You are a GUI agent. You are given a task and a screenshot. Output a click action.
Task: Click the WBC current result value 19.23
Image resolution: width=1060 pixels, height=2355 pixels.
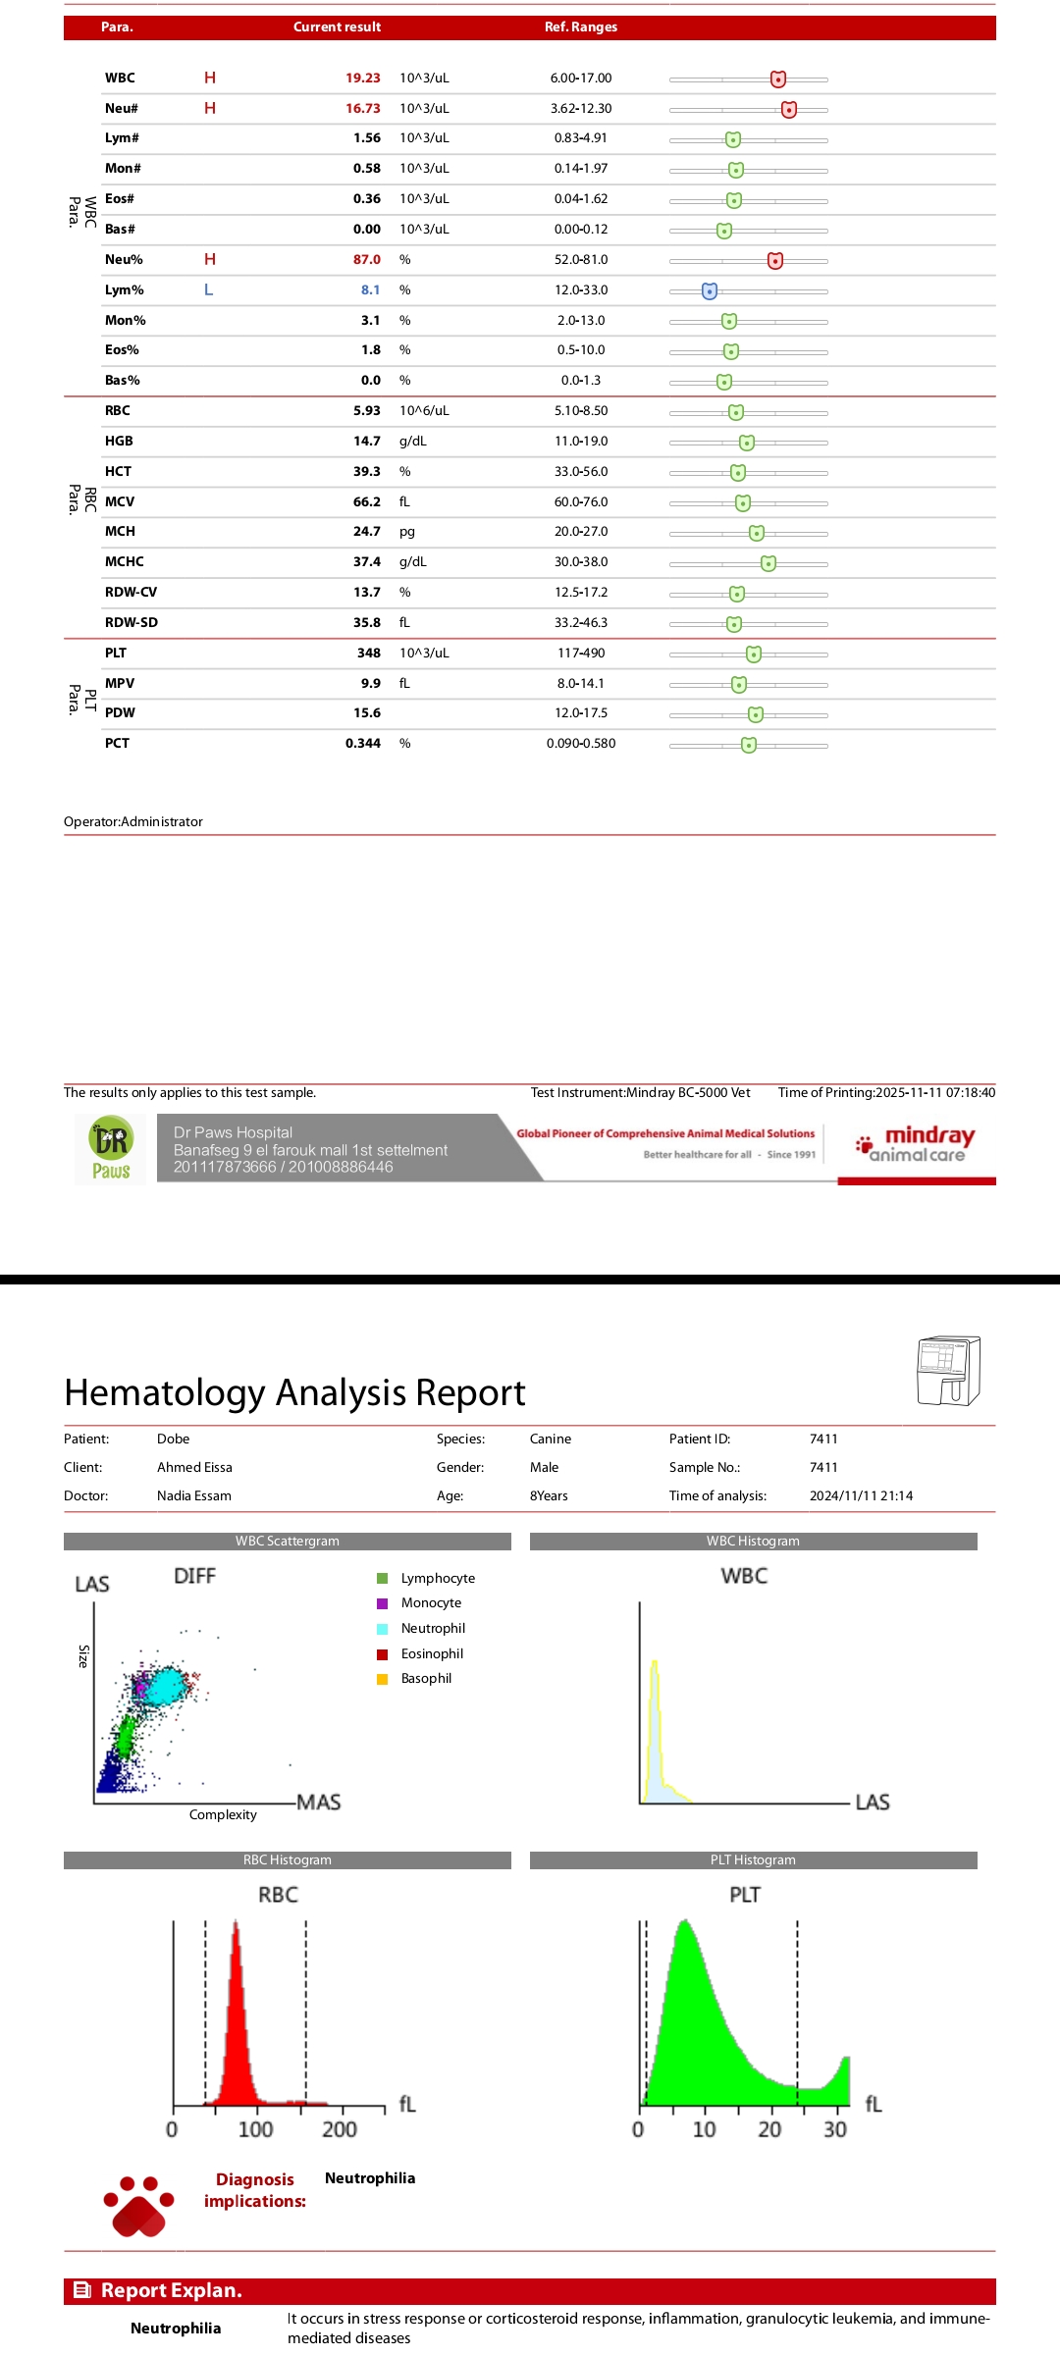[x=362, y=78]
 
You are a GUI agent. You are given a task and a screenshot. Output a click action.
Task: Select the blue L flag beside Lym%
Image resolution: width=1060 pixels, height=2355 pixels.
[x=208, y=290]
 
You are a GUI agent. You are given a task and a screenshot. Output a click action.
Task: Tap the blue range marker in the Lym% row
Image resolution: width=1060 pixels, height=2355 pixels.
[x=710, y=291]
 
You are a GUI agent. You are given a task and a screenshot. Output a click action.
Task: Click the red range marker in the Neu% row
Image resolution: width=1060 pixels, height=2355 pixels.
[x=775, y=261]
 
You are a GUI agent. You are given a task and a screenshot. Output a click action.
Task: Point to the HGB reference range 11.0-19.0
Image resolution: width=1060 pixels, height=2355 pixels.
[x=581, y=442]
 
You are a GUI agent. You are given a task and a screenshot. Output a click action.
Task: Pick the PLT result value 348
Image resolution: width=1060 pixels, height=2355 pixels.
[x=369, y=654]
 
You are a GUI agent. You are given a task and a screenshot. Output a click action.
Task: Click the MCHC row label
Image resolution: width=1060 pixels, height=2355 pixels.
[x=125, y=562]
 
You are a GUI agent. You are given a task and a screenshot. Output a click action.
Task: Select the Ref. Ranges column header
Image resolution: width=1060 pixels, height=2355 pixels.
[x=581, y=27]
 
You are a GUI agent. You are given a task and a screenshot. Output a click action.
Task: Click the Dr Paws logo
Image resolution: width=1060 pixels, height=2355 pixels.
[x=111, y=1149]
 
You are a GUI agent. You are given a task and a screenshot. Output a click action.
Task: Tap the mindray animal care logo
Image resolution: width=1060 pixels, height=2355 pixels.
[x=917, y=1144]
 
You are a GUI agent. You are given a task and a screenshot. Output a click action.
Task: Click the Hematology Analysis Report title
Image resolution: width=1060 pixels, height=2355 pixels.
[x=294, y=1393]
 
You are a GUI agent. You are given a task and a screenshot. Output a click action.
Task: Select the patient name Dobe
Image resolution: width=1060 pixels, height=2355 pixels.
[x=173, y=1439]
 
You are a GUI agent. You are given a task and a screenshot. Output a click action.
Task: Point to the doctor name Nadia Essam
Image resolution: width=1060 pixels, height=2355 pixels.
[x=194, y=1496]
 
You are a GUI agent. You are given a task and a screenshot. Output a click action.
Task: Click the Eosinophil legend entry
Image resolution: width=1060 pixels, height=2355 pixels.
[x=432, y=1654]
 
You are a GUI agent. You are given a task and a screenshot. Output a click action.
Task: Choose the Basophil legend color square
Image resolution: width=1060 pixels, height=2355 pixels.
[x=383, y=1679]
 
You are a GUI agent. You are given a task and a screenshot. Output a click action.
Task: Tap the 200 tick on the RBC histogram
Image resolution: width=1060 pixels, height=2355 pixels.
[x=340, y=2129]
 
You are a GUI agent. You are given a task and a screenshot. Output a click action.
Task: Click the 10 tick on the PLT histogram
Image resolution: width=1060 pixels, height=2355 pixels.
[x=704, y=2129]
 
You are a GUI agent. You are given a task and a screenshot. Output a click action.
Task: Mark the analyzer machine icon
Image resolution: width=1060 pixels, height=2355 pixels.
[x=947, y=1371]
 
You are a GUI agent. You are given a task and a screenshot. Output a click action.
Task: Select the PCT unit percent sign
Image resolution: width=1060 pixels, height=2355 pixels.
[x=404, y=744]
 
